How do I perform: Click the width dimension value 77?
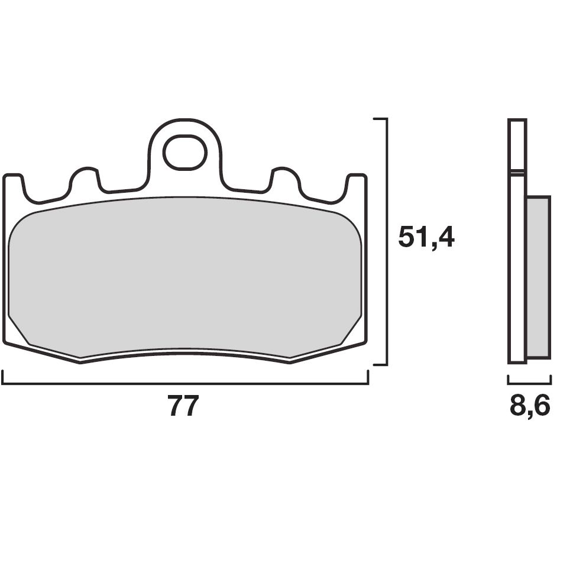[x=183, y=407]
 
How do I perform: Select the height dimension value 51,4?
[x=426, y=237]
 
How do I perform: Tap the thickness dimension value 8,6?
[x=530, y=407]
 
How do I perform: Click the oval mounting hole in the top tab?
[x=184, y=152]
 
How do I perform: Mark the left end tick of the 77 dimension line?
[x=3, y=377]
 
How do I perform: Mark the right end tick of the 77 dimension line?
[x=368, y=377]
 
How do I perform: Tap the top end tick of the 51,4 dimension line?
[x=381, y=119]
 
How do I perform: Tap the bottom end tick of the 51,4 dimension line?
[x=381, y=364]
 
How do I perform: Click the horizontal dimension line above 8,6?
[x=529, y=383]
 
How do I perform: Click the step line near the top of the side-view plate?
[x=517, y=172]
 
